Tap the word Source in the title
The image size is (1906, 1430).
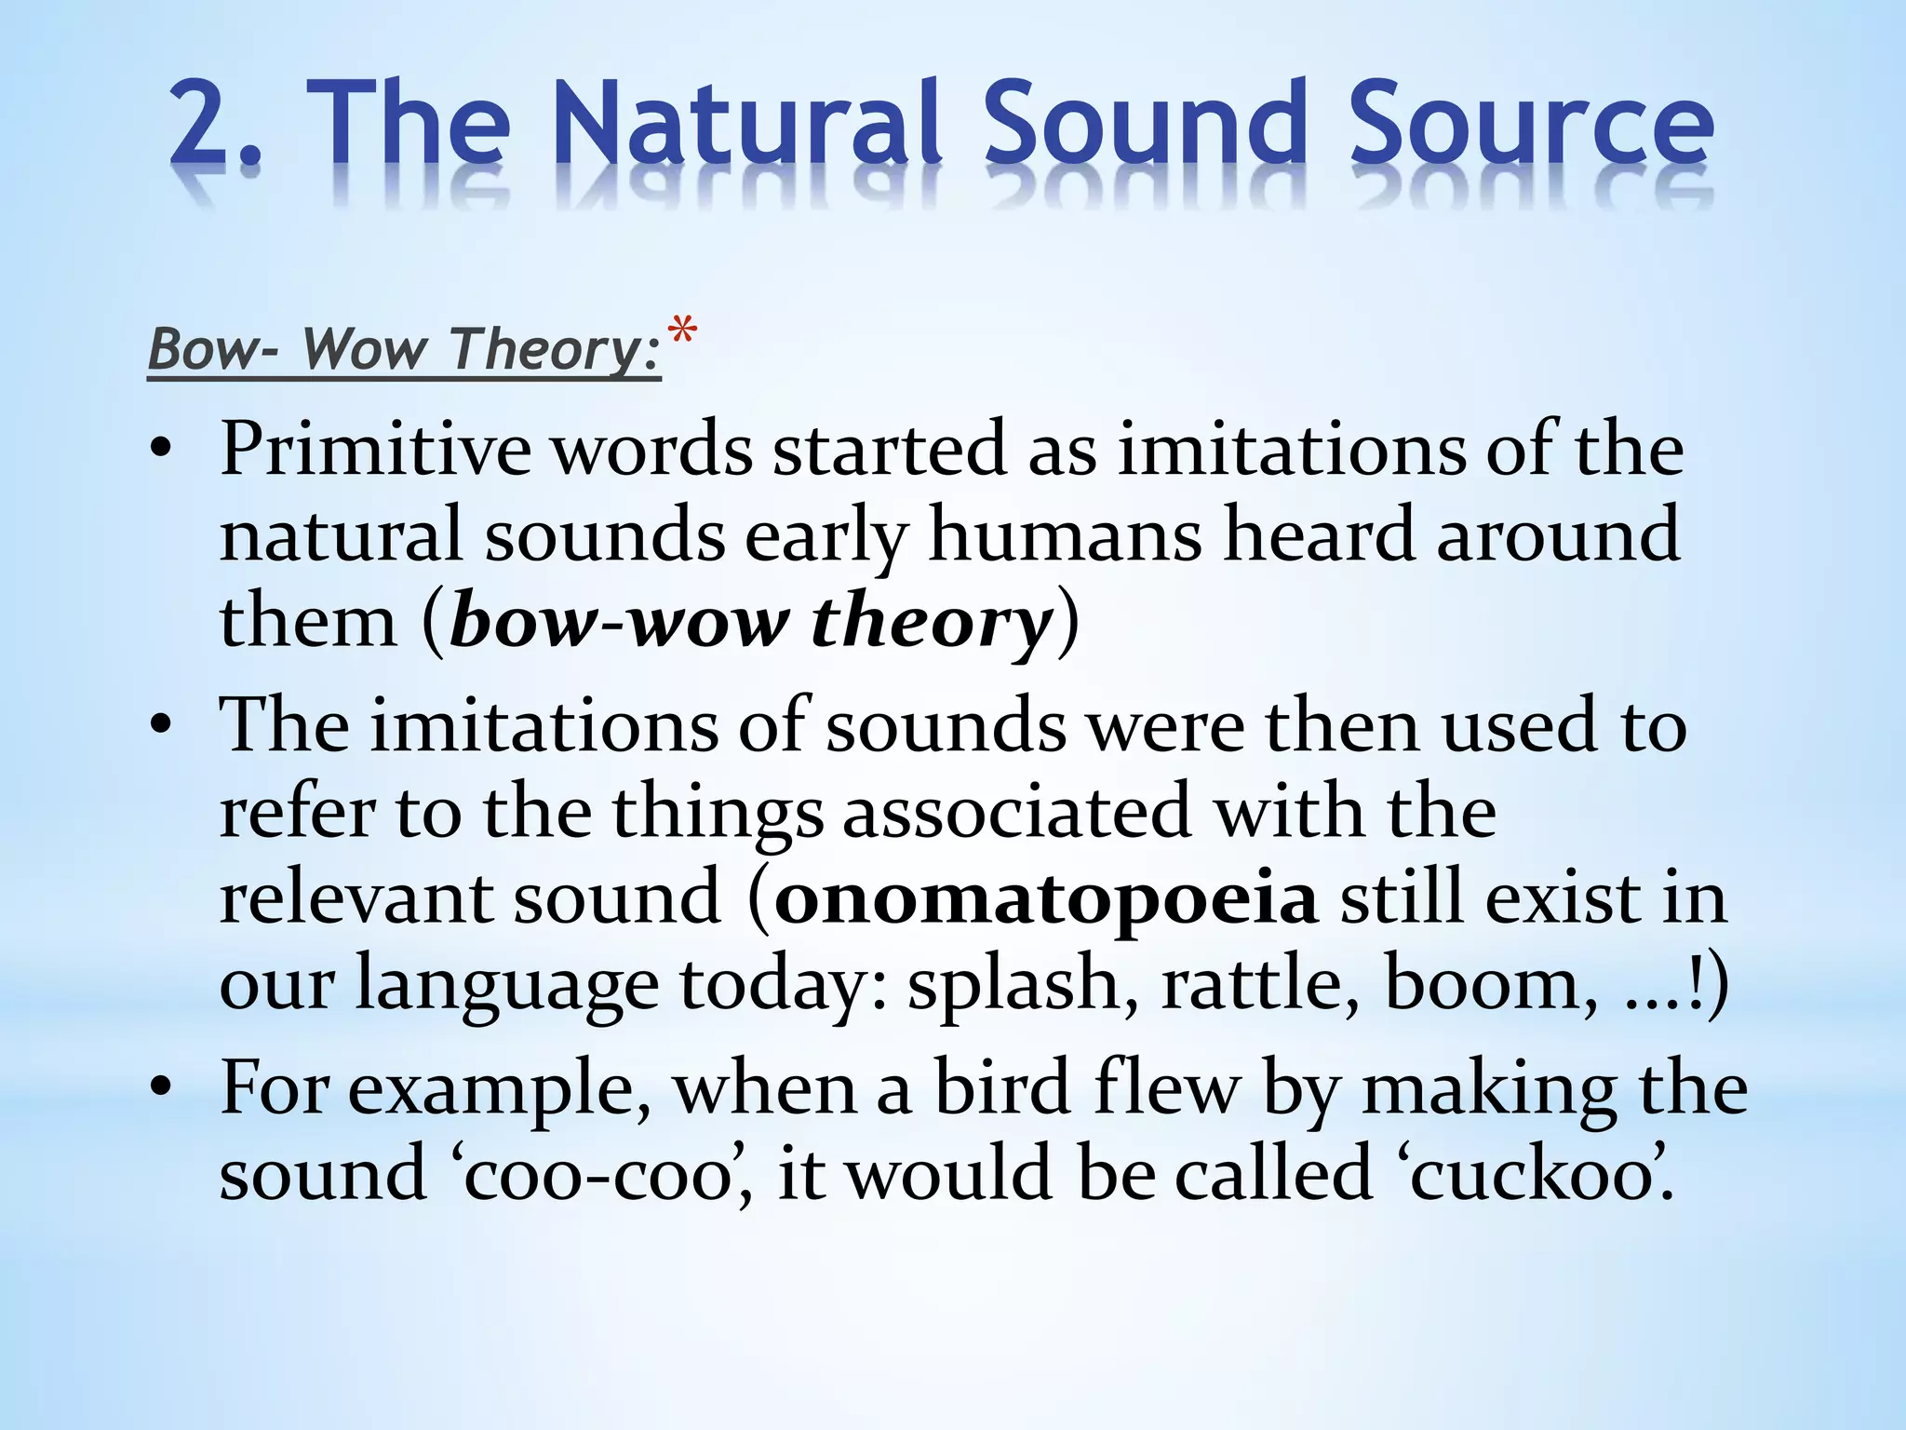(1530, 125)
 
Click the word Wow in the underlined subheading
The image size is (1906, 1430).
(365, 349)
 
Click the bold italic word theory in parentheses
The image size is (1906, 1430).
(932, 622)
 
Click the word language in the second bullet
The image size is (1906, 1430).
(506, 985)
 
